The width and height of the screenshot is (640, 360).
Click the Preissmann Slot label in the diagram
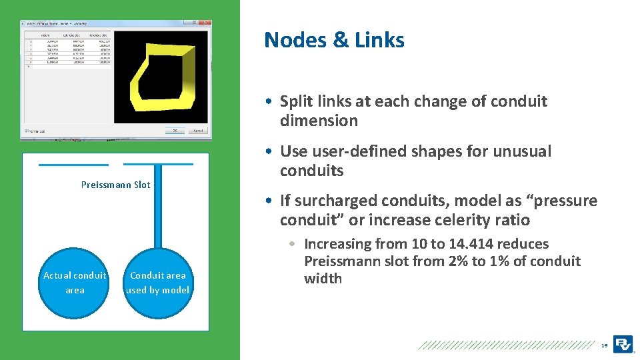[x=115, y=185]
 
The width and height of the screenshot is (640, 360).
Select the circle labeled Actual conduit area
[x=75, y=282]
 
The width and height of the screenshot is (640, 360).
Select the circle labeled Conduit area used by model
[x=158, y=282]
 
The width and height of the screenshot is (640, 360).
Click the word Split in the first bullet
[x=297, y=101]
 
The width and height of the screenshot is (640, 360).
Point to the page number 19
[x=604, y=345]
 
